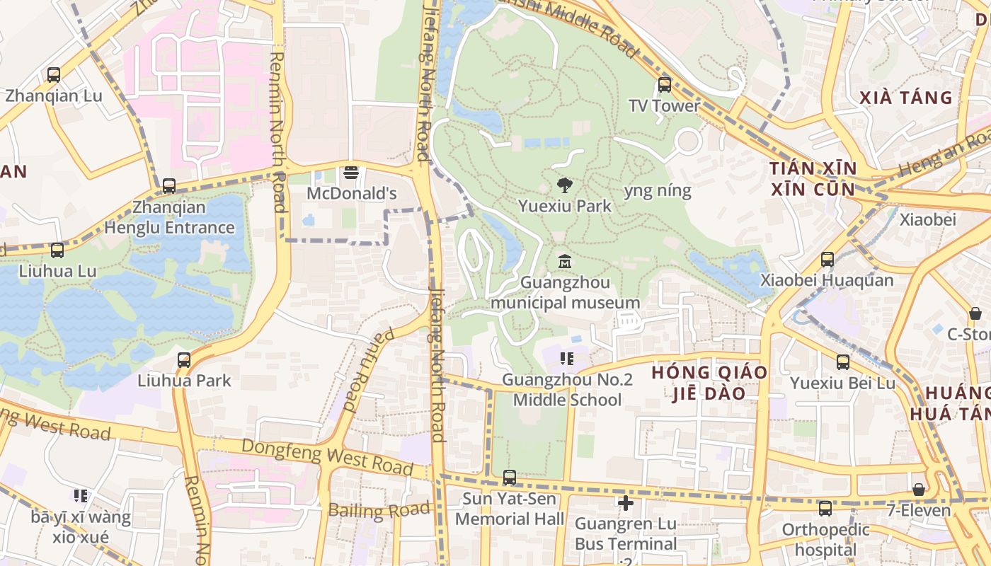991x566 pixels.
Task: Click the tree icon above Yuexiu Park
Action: (x=564, y=186)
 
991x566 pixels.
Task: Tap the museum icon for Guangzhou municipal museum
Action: (x=564, y=262)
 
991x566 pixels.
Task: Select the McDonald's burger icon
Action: (x=350, y=173)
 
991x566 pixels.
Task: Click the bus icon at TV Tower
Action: (x=664, y=85)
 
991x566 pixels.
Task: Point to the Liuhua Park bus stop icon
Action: (x=184, y=359)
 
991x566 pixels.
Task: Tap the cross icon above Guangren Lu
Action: (x=625, y=503)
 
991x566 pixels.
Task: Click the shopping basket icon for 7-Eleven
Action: (x=918, y=490)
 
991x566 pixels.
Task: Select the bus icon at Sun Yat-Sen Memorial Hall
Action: (x=509, y=478)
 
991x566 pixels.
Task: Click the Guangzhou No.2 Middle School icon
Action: (x=566, y=359)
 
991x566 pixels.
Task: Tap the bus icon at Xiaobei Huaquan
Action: (x=827, y=260)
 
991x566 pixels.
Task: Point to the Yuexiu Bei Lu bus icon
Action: (x=842, y=362)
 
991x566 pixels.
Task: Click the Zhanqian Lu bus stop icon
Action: (x=53, y=74)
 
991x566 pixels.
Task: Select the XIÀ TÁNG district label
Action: (x=906, y=98)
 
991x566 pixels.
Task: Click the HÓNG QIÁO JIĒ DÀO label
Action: (x=709, y=383)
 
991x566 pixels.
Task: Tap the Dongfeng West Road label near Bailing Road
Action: (x=327, y=456)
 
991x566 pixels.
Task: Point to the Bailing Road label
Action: (x=379, y=510)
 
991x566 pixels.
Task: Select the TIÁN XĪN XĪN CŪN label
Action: (x=813, y=179)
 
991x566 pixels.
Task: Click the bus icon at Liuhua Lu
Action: (x=57, y=250)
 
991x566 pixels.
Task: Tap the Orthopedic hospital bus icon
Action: (x=825, y=509)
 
